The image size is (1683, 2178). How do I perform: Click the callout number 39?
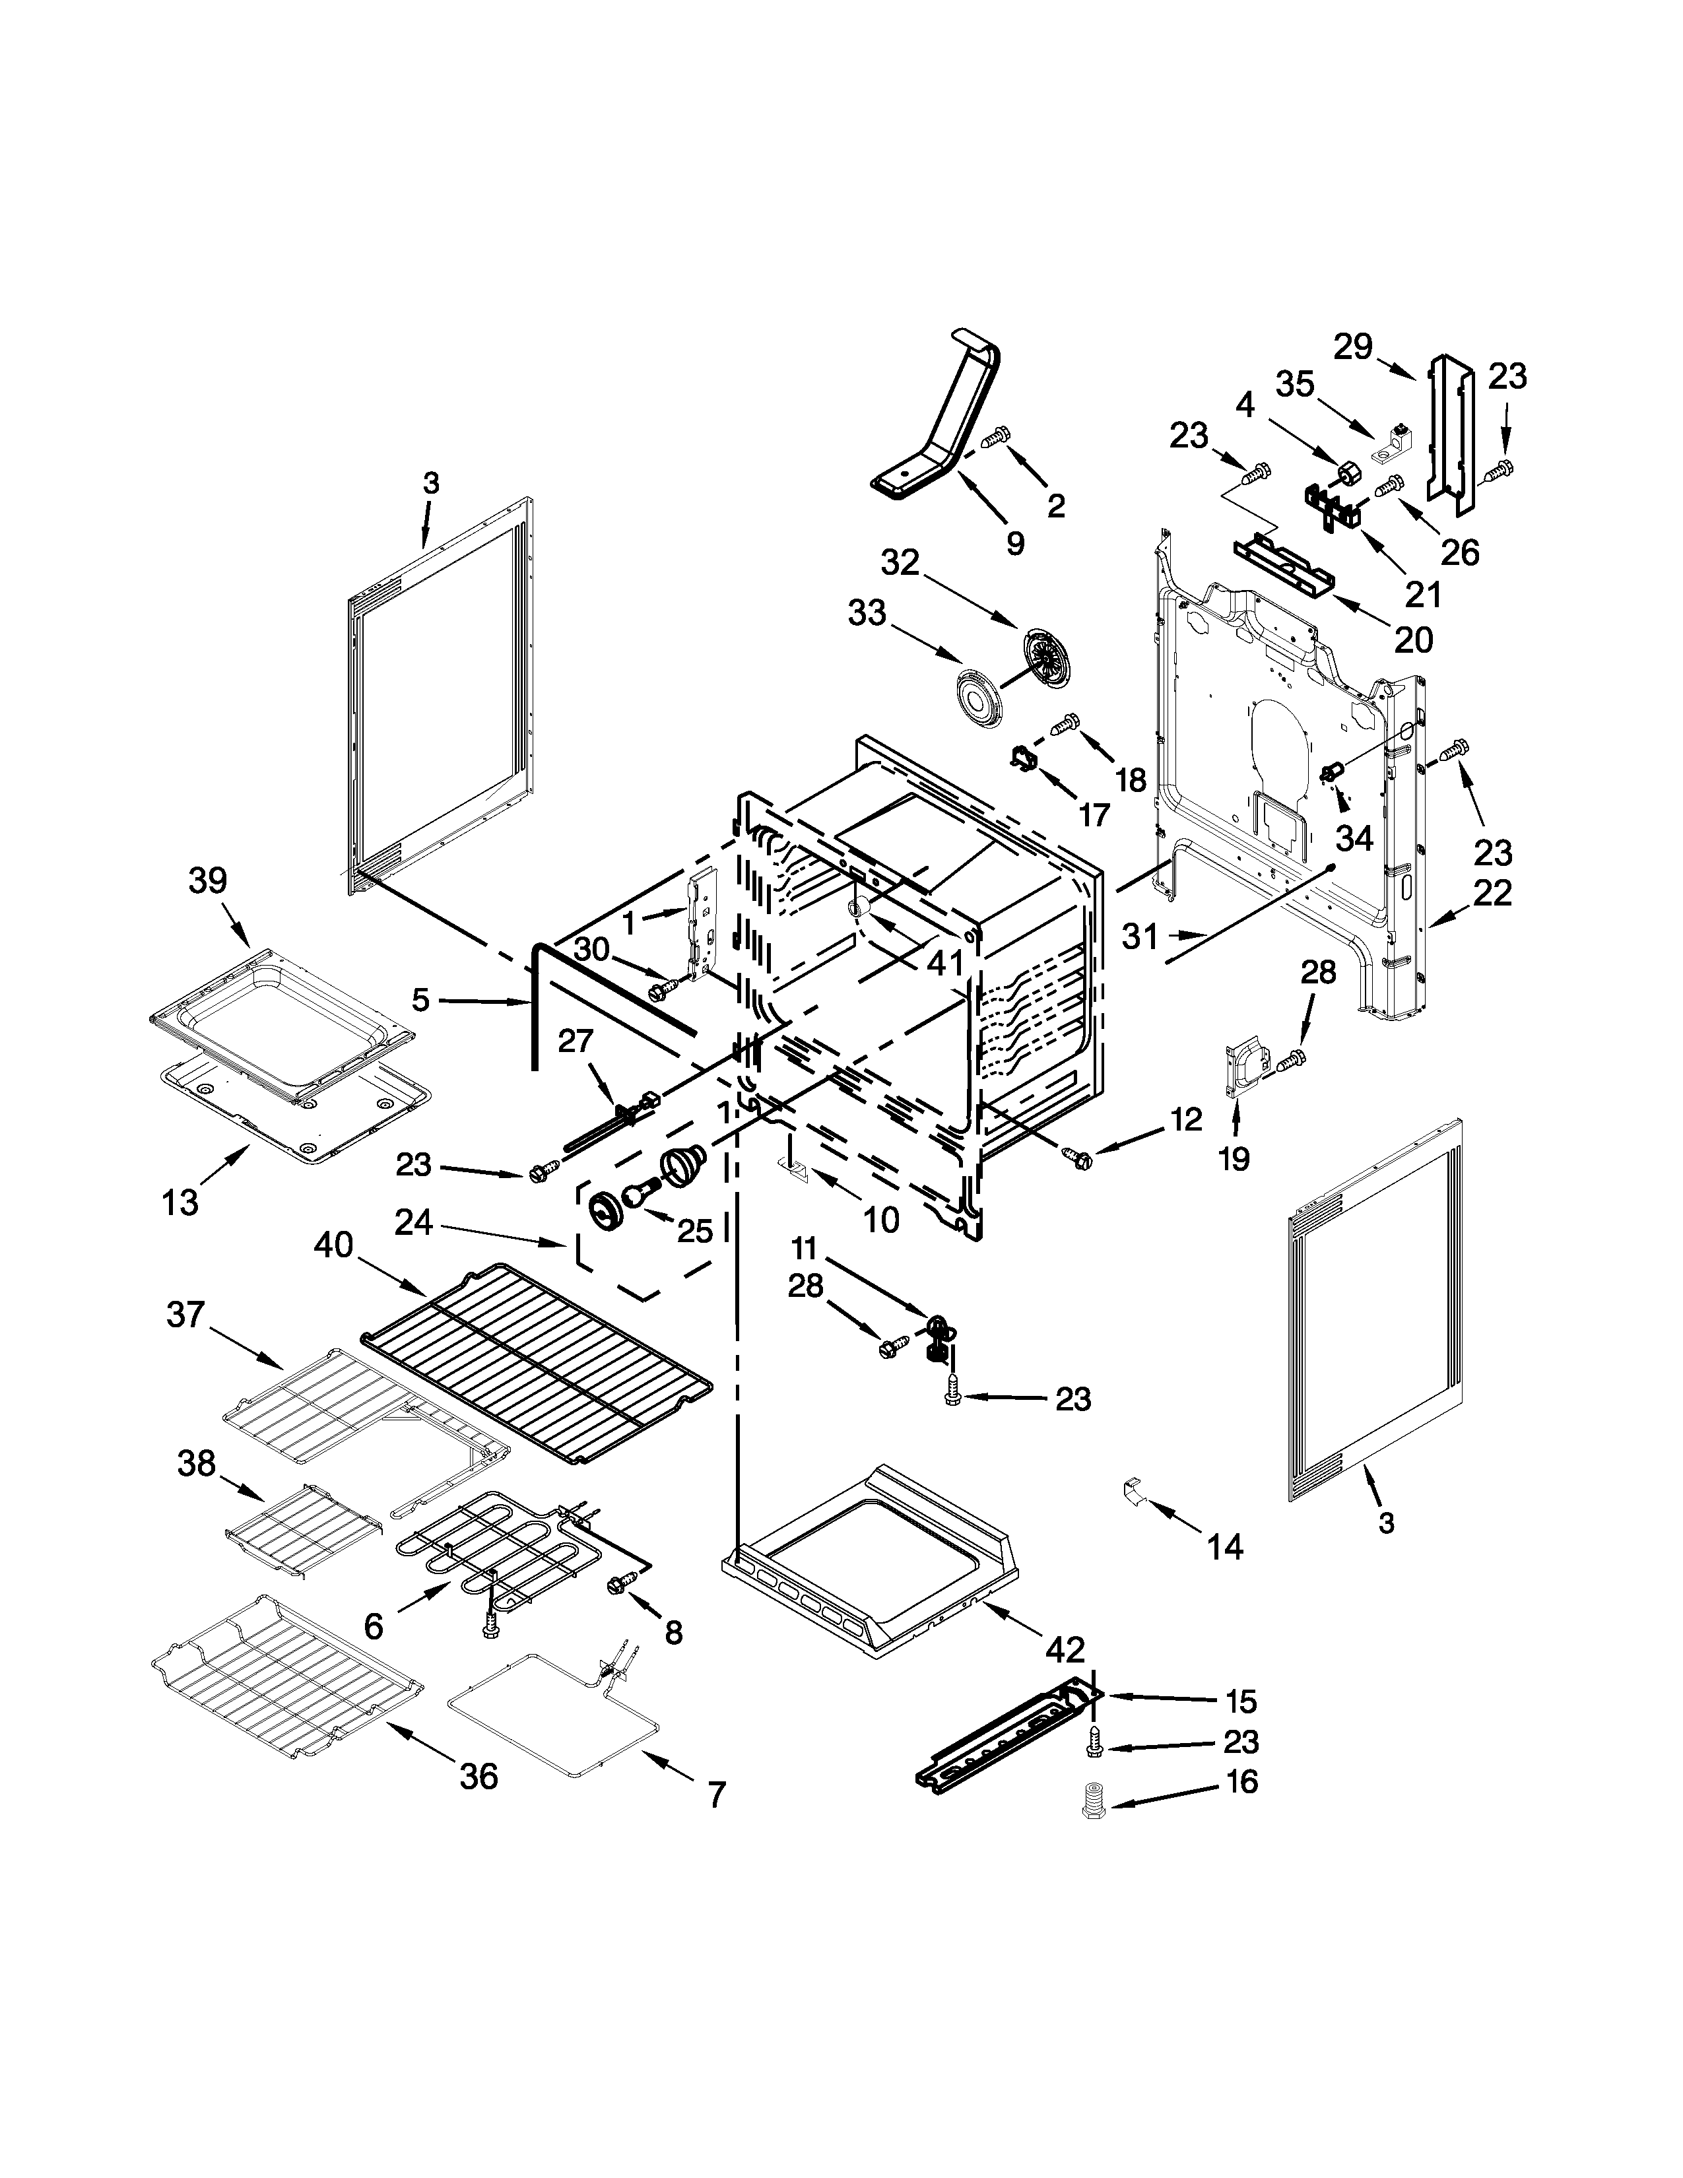[207, 880]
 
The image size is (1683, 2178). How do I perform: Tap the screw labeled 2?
[998, 436]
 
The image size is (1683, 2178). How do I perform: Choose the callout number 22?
[1492, 892]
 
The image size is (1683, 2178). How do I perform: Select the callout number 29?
[1354, 348]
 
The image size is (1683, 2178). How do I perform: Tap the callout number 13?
[180, 1203]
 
